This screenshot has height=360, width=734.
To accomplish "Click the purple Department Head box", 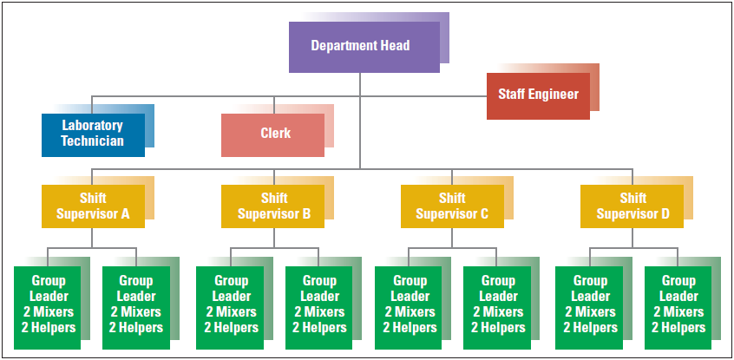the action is [x=364, y=47].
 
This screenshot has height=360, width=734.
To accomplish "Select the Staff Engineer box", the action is [x=538, y=96].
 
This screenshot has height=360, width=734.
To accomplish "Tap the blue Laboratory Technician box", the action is [x=93, y=134].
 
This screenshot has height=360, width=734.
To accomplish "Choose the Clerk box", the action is [x=273, y=134].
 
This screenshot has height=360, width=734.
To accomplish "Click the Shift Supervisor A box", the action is [x=93, y=206].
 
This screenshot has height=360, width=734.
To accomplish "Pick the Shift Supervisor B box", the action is [x=273, y=206].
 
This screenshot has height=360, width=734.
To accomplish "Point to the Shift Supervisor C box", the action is [x=452, y=206].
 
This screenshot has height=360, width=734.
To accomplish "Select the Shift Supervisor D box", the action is [x=632, y=206].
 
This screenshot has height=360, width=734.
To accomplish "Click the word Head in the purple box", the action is [x=395, y=45].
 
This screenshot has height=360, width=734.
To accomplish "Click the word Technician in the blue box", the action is [x=93, y=141].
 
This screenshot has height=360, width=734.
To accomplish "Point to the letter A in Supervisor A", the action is [x=125, y=214].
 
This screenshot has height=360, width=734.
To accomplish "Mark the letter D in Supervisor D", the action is [x=665, y=214].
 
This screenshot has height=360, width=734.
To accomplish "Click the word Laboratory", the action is [x=93, y=126].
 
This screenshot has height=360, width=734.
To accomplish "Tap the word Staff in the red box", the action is [x=511, y=94].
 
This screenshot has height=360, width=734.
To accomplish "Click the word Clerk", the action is [x=275, y=133].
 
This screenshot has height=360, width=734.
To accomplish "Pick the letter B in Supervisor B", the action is [x=306, y=214].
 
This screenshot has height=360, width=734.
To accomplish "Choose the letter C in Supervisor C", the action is [x=484, y=214].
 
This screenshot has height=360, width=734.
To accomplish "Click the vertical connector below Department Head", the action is [x=360, y=121].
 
